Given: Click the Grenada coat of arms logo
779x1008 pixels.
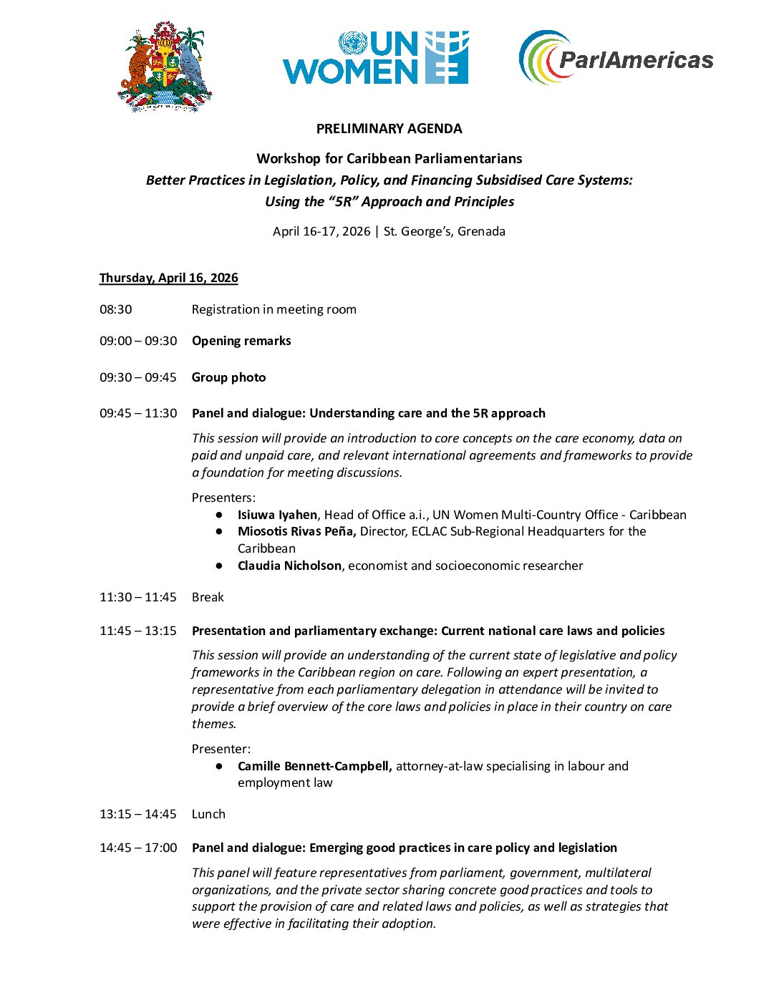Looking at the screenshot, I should pos(165,67).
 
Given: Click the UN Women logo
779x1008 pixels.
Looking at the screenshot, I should pos(375,58).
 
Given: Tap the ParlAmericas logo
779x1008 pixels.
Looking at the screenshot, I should pos(616,57).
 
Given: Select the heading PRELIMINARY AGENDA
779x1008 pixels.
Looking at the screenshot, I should pos(389,129).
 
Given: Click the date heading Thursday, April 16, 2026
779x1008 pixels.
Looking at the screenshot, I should pos(169,278).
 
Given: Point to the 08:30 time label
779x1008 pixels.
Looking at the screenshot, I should pos(116,309).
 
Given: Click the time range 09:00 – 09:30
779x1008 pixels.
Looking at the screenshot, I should pos(138,341).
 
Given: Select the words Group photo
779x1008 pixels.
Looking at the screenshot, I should pos(228,377).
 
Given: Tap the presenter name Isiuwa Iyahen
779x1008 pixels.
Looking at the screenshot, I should pos(277,515).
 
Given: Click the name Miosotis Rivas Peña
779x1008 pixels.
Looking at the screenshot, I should pos(296,531).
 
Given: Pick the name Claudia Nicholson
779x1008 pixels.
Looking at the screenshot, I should pos(289,566).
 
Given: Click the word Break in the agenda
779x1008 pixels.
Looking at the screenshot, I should pos(208,597).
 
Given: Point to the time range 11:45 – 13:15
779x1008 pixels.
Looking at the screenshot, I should pos(138,631).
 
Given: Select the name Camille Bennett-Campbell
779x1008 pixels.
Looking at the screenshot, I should pos(314,766).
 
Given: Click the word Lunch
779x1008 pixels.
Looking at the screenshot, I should pos(208,814).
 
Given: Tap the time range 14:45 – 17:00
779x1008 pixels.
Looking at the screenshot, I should pos(138,848).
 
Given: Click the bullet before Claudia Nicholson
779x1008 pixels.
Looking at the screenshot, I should pos(219,566).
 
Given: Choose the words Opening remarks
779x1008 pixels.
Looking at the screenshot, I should pos(241,341).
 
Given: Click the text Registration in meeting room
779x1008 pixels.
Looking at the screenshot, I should pos(274,309).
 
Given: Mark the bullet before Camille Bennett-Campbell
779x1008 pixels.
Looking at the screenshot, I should pos(219,766).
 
